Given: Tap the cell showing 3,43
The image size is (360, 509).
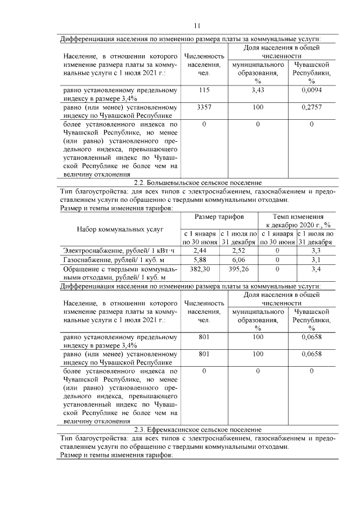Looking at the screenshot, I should click(x=258, y=90).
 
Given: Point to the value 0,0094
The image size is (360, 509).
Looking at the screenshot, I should click(x=311, y=90).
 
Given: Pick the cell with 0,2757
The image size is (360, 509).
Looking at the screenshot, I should click(x=311, y=107).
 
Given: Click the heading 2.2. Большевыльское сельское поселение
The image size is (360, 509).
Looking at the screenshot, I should click(x=198, y=182).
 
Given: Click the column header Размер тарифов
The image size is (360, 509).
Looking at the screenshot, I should click(x=219, y=217).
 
